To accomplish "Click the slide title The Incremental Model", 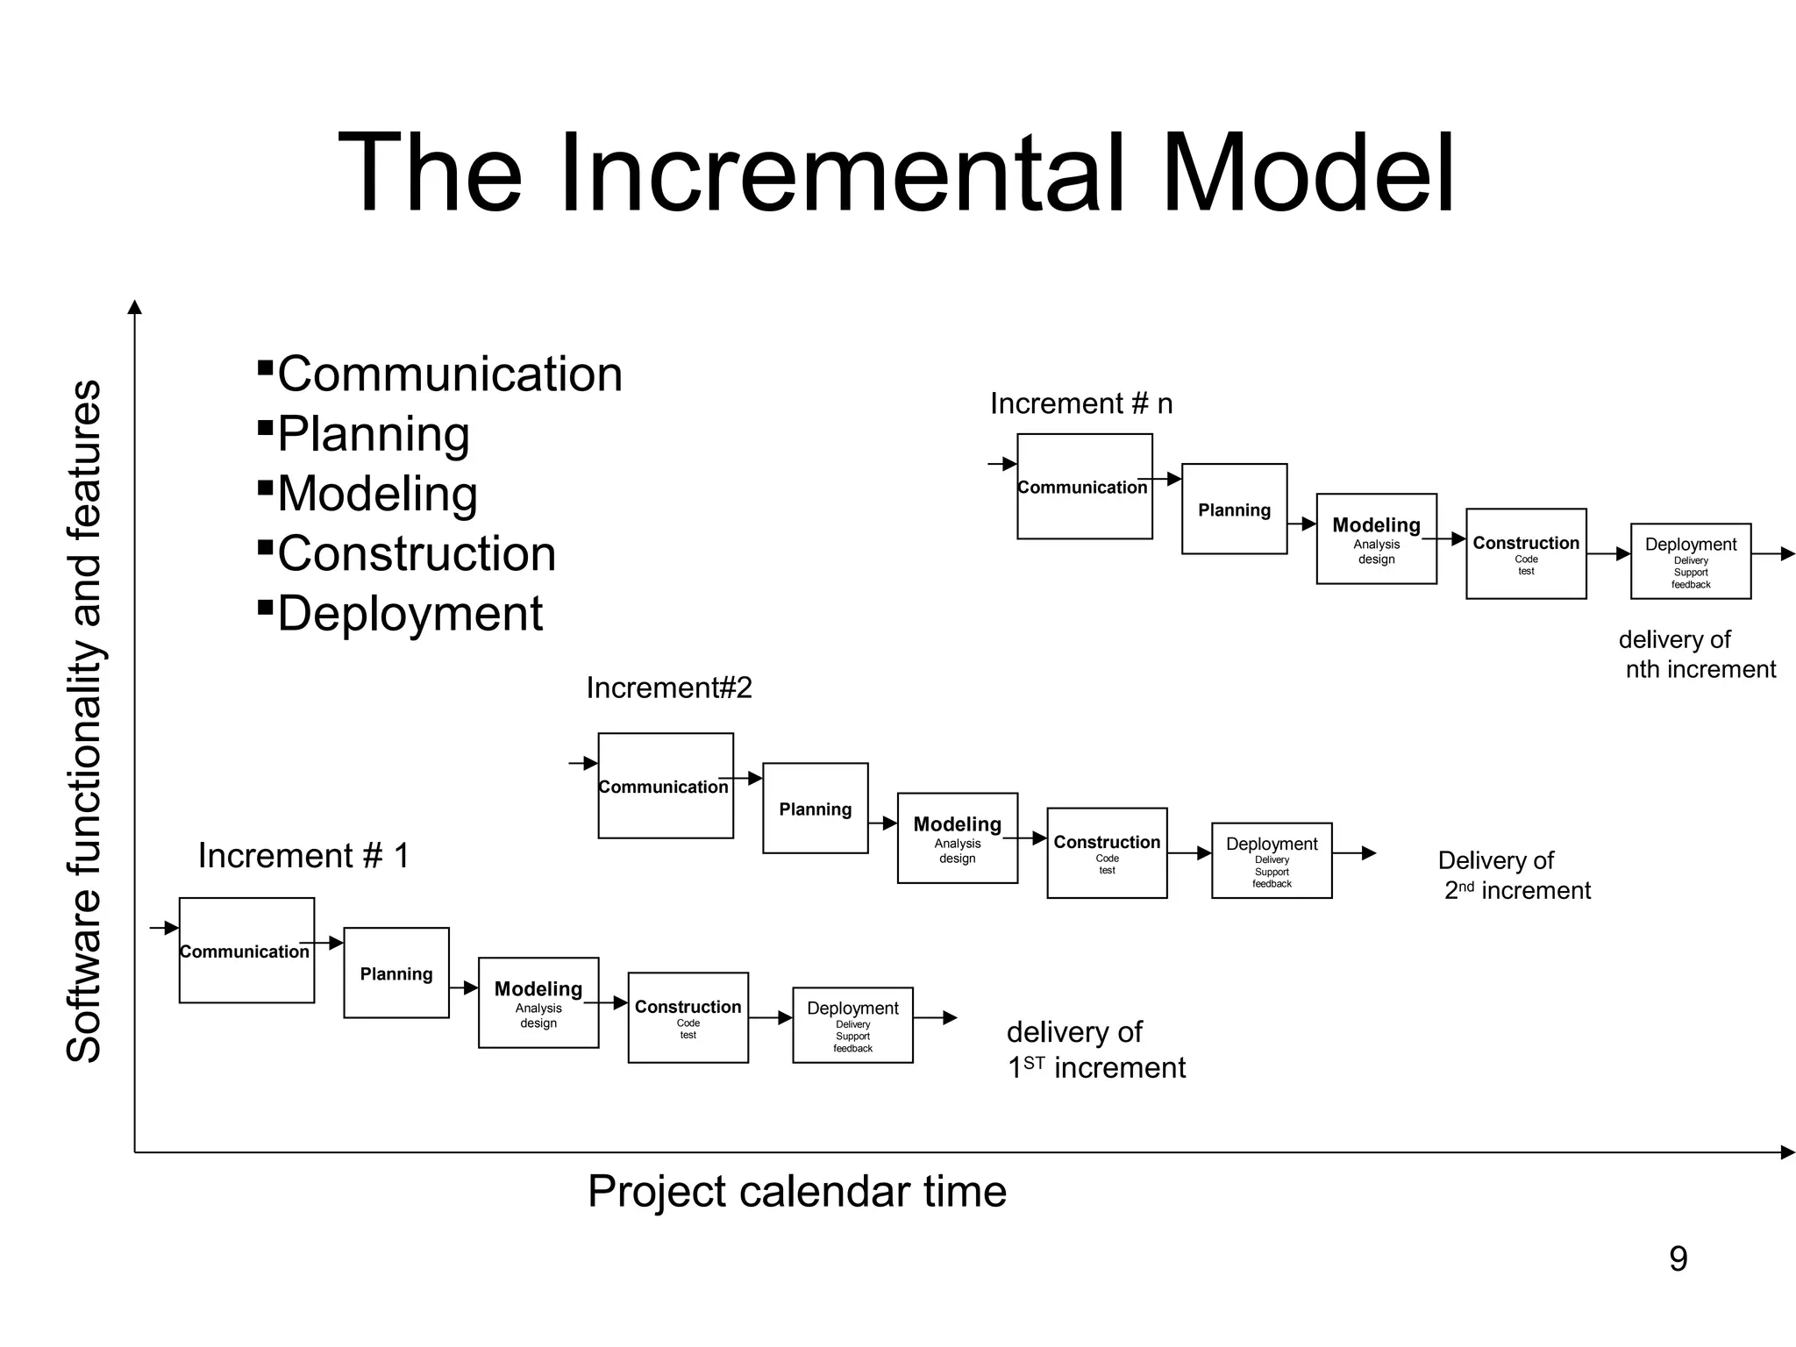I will (x=896, y=173).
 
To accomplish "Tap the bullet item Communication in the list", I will (x=449, y=374).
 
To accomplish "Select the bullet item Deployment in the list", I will (x=410, y=614).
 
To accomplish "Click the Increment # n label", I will (x=1080, y=403).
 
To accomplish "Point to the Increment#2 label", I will (x=668, y=688).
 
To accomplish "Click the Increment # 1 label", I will (x=303, y=856).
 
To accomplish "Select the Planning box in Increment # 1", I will (x=396, y=973).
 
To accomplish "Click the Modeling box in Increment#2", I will (x=957, y=837).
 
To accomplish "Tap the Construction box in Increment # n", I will (x=1526, y=553).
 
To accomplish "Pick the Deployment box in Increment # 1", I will (x=852, y=1024).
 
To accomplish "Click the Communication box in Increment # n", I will (x=1084, y=487).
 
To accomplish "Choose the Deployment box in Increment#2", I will (x=1272, y=860).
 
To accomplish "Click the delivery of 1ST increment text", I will (x=1095, y=1050).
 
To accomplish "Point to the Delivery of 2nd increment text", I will (x=1514, y=875).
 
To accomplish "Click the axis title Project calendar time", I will (x=796, y=1192).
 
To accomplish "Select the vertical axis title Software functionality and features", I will (x=84, y=721).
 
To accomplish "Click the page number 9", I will (x=1678, y=1259).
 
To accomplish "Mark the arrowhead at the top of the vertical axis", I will (x=134, y=306).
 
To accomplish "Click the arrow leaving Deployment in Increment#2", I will (x=1356, y=853).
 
